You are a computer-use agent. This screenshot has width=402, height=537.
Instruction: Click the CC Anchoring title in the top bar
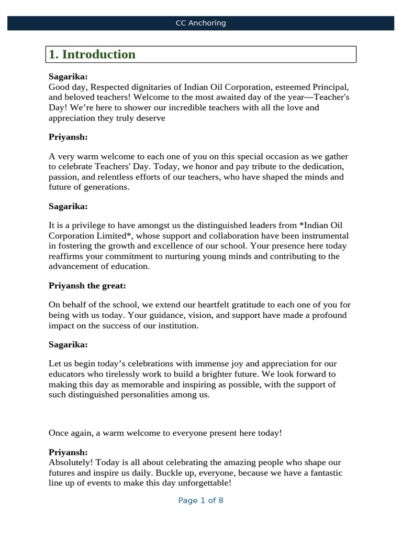(x=200, y=23)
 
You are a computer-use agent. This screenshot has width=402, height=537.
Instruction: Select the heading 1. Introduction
(x=92, y=55)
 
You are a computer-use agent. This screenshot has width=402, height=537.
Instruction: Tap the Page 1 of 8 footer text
(x=200, y=500)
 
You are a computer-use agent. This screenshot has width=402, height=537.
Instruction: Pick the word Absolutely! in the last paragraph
(x=71, y=463)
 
